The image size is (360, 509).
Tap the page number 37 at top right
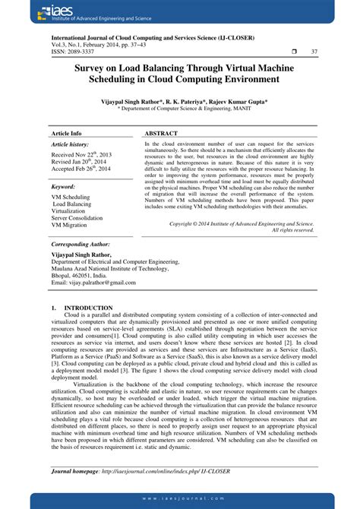pyautogui.click(x=314, y=51)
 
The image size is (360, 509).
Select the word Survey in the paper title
pyautogui.click(x=91, y=68)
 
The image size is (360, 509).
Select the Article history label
pyautogui.click(x=70, y=144)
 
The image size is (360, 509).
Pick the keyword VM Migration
pyautogui.click(x=69, y=226)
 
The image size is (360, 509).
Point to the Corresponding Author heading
pyautogui.click(x=81, y=245)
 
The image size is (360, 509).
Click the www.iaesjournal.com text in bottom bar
pyautogui.click(x=179, y=498)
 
